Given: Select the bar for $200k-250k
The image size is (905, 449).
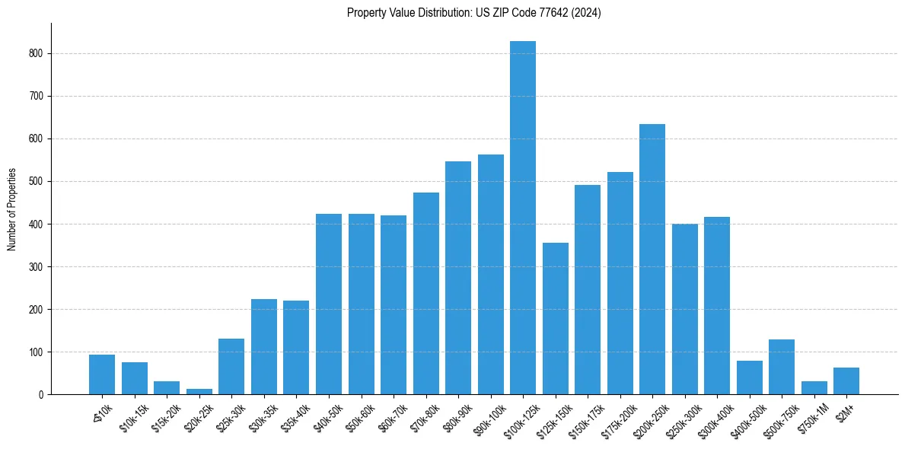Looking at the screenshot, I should pyautogui.click(x=652, y=260).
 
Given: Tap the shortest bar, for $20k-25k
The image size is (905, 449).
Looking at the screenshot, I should pyautogui.click(x=199, y=391).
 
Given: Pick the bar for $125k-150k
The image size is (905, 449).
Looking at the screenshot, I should pyautogui.click(x=556, y=319).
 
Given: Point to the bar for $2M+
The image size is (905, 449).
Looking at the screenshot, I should pyautogui.click(x=846, y=381).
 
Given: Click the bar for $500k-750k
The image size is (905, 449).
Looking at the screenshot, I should pyautogui.click(x=782, y=367).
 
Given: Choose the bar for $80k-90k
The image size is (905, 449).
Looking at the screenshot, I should pyautogui.click(x=458, y=278).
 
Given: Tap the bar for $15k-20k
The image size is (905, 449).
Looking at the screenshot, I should pyautogui.click(x=167, y=388).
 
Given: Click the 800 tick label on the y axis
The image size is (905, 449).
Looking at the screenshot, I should pyautogui.click(x=37, y=54).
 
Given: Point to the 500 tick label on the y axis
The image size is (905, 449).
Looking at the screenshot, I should pyautogui.click(x=37, y=182).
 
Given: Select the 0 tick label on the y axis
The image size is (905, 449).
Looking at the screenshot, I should pyautogui.click(x=42, y=395).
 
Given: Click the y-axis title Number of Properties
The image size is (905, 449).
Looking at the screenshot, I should pyautogui.click(x=12, y=209).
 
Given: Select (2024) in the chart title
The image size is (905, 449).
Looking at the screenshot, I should pyautogui.click(x=587, y=13).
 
